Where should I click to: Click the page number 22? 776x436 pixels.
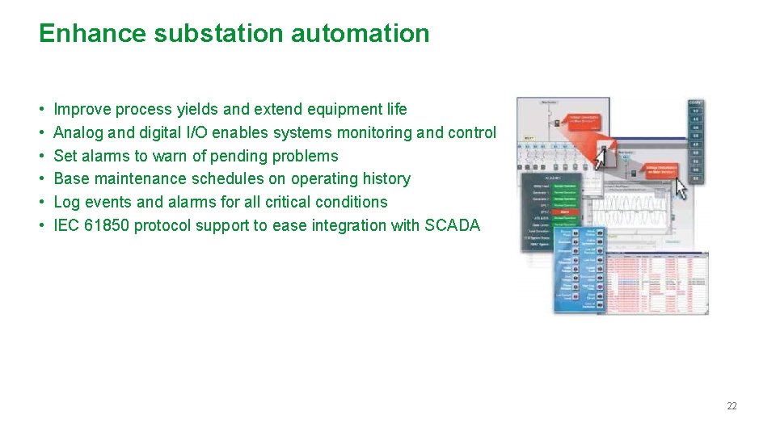pos(732,406)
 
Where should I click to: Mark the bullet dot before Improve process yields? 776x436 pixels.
pos(41,109)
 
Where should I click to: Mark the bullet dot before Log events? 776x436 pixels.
pos(41,202)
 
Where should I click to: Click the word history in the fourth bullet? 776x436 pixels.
pos(381,178)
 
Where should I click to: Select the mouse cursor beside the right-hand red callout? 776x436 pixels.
pos(681,188)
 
